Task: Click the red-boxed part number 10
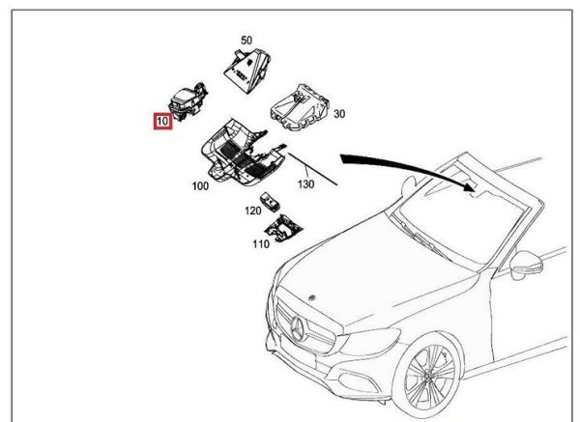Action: pos(160,123)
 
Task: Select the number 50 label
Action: pos(246,40)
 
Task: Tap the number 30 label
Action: pos(339,114)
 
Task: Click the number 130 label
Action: pos(305,183)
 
